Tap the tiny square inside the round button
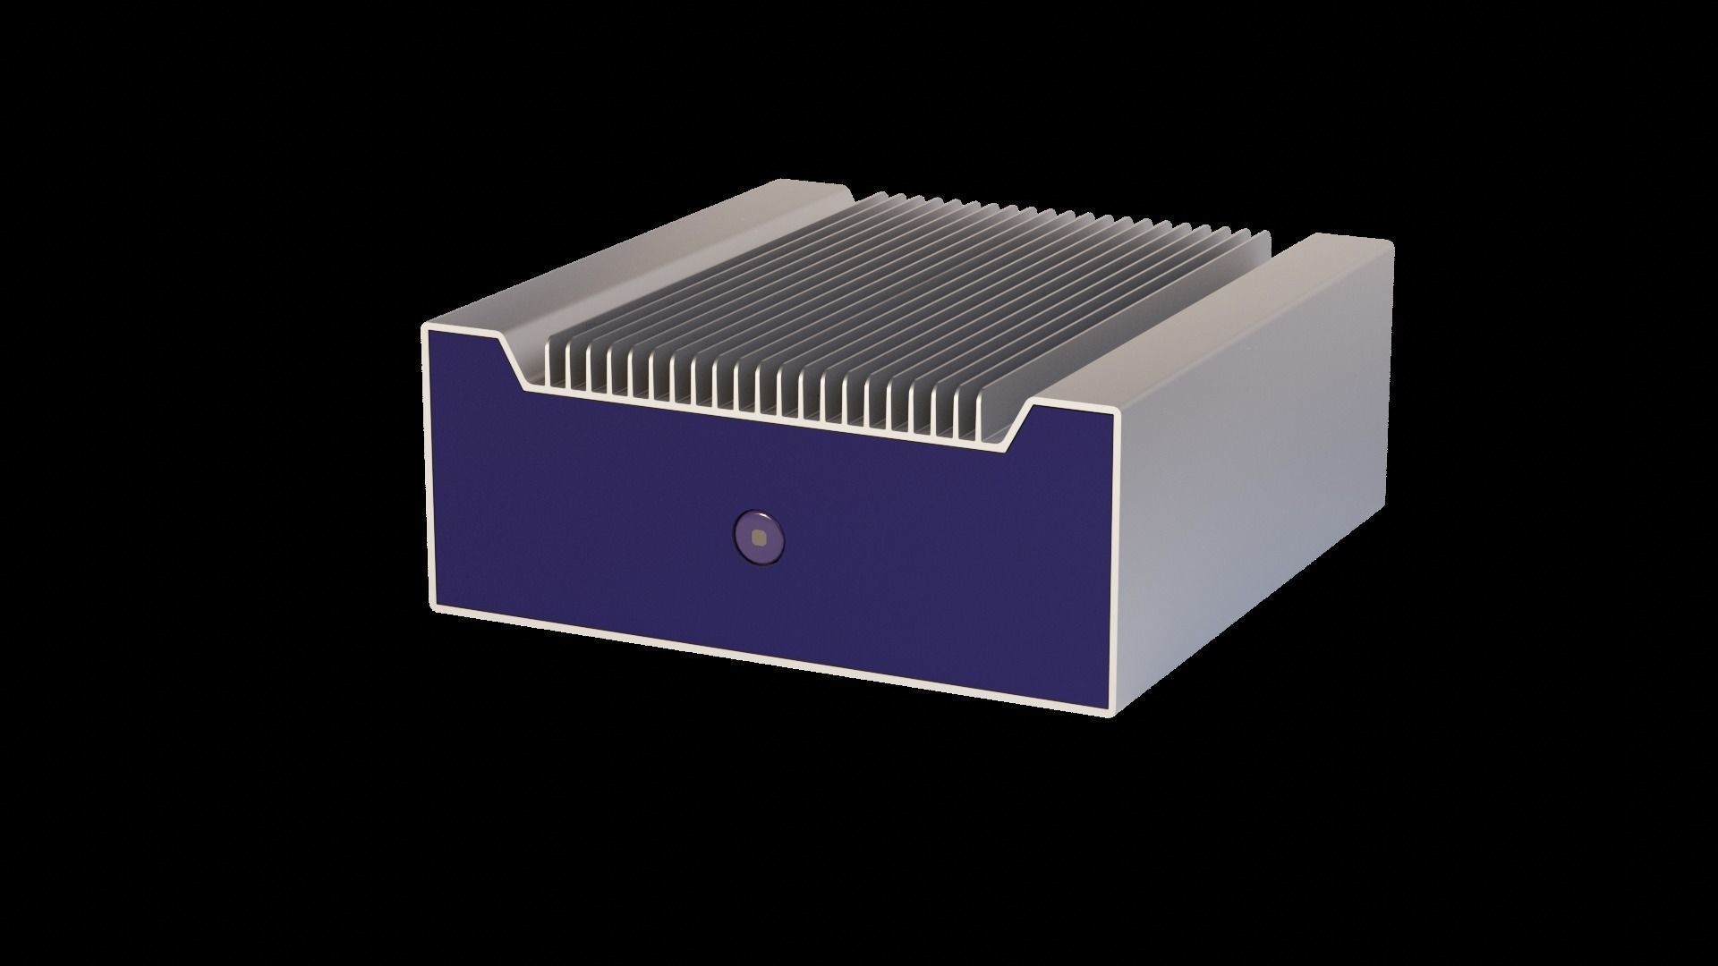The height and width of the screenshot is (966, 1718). pos(759,538)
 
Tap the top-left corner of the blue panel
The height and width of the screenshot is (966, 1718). pos(431,332)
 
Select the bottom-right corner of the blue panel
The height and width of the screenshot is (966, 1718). pos(1110,707)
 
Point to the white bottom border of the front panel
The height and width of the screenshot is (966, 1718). pos(770,659)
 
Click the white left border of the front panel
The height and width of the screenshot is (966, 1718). pos(428,465)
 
